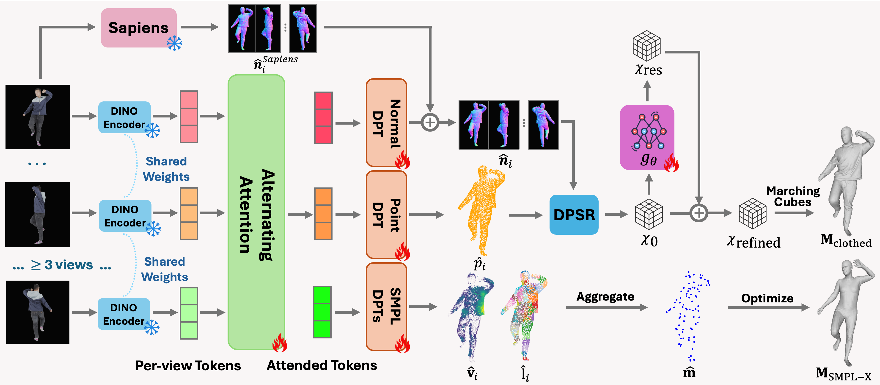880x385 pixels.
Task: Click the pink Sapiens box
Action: [138, 28]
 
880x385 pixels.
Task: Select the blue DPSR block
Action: [574, 215]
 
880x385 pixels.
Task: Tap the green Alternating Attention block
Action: [256, 212]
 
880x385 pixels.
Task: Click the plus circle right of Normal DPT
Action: [430, 123]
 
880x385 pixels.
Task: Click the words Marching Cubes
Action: [792, 196]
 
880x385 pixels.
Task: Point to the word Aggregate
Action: [605, 296]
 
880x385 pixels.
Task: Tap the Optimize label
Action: [767, 298]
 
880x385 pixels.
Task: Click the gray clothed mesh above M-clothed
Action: [847, 181]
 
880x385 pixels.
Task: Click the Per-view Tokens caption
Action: [188, 365]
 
